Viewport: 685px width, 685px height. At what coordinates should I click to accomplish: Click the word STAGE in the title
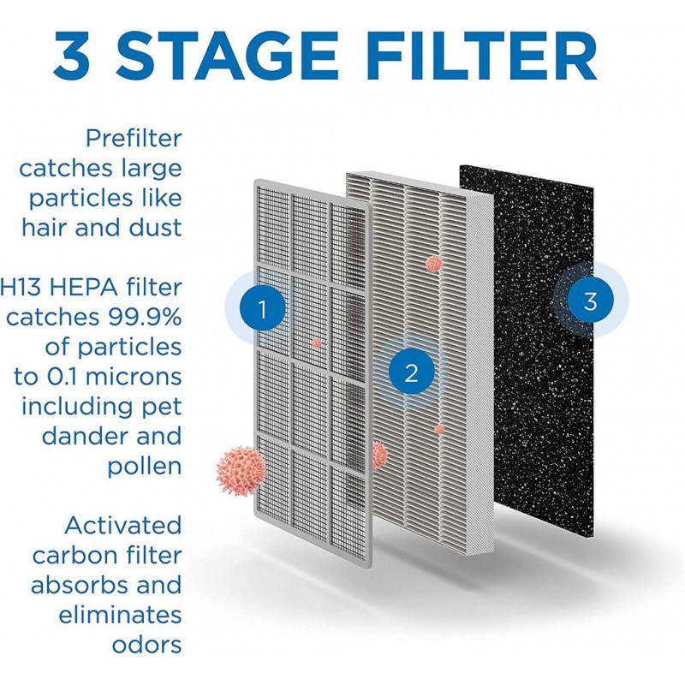pos(226,55)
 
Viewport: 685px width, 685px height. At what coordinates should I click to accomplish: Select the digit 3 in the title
pos(72,56)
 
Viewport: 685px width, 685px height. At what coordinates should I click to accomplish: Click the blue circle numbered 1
pos(262,309)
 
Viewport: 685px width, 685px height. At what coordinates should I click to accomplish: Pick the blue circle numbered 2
pos(411,373)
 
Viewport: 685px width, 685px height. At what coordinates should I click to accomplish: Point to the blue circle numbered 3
pos(591,301)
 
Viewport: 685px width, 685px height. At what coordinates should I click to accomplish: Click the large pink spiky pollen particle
pos(241,470)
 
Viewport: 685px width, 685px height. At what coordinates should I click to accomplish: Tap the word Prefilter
pos(134,139)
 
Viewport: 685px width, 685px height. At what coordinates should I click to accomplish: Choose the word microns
pos(134,377)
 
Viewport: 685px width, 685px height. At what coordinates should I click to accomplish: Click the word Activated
pos(122,525)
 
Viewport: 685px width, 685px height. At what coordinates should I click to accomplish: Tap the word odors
pos(146,645)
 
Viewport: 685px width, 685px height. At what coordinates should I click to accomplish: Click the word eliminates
pos(120,615)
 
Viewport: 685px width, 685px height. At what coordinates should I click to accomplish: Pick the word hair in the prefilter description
pos(45,228)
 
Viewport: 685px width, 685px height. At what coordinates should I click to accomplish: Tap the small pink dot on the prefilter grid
pos(316,343)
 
